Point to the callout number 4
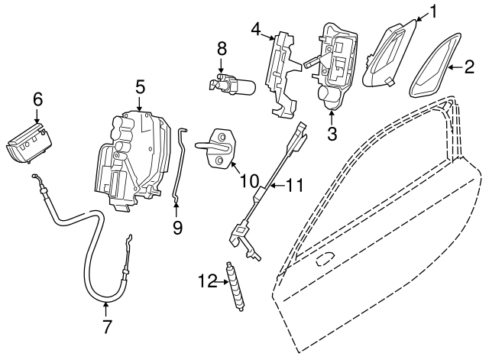point(257,31)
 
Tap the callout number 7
point(106,327)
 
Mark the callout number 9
point(176,227)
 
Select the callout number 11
point(295,185)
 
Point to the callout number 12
point(203,281)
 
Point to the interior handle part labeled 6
point(28,142)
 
